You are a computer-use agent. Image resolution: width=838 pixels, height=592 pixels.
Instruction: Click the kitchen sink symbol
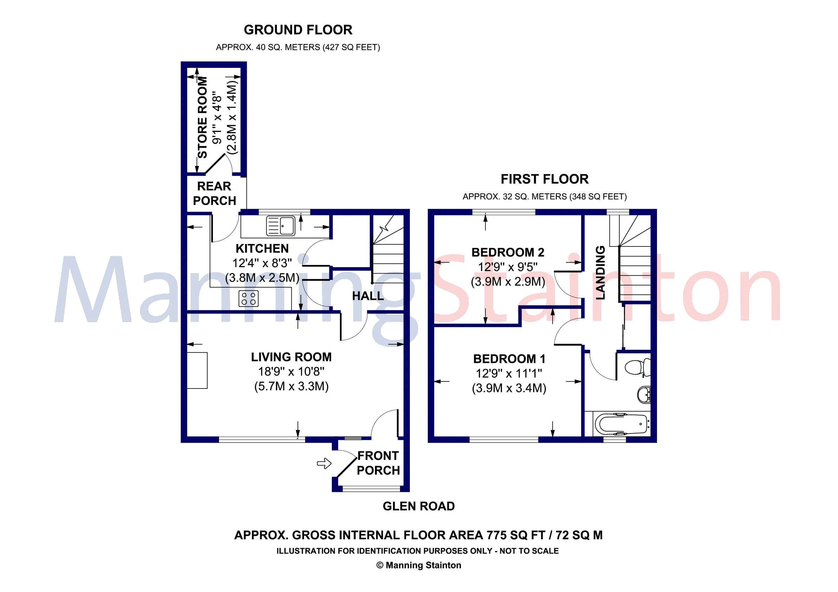point(280,225)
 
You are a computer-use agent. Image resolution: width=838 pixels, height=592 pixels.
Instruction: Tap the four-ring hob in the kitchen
point(248,298)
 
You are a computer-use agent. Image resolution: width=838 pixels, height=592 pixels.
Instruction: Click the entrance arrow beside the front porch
point(324,464)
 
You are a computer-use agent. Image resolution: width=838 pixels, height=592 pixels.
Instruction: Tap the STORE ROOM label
point(202,117)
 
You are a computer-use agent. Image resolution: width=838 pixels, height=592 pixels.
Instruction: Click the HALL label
point(368,296)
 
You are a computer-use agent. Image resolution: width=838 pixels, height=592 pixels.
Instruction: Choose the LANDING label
point(600,273)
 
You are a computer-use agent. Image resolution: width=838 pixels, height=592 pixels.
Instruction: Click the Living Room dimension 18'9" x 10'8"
point(291,372)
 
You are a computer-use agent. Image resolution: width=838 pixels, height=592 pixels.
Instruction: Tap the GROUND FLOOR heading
point(298,30)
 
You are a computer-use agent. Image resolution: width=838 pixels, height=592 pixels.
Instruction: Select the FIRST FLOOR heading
point(544,179)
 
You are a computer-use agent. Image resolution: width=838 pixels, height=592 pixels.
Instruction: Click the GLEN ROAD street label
point(419,506)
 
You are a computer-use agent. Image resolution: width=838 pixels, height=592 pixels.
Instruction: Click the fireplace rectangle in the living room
point(197,370)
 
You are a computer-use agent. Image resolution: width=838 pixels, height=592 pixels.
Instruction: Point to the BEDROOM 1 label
point(509,359)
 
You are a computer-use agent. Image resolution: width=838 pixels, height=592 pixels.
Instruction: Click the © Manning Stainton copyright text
point(419,565)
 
